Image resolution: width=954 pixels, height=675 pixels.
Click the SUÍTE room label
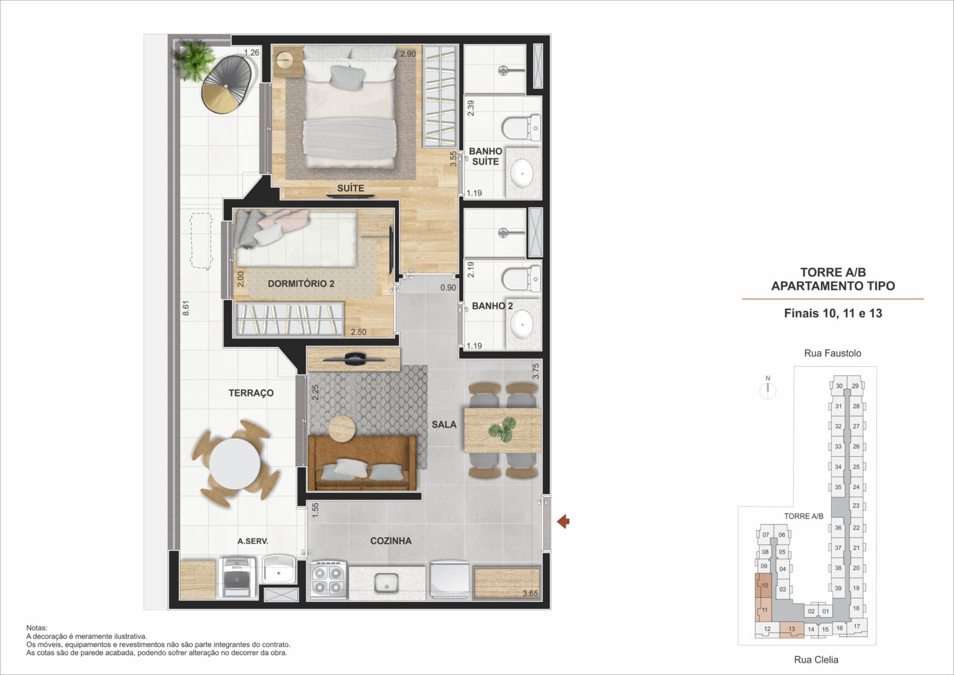click(x=350, y=188)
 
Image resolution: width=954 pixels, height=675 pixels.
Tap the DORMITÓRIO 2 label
click(x=301, y=283)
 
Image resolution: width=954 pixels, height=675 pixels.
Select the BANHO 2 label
click(x=492, y=306)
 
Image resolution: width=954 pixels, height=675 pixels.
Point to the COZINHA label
click(x=391, y=541)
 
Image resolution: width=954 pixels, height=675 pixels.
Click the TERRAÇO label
click(x=251, y=393)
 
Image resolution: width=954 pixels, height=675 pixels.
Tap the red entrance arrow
click(x=563, y=521)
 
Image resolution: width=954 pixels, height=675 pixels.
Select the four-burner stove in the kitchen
click(x=327, y=579)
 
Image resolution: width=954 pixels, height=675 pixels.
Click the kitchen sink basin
click(x=386, y=583)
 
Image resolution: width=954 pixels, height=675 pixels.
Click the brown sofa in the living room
click(x=361, y=463)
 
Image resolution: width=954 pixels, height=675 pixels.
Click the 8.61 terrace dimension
click(x=186, y=309)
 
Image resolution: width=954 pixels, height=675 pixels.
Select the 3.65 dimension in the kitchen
click(x=530, y=593)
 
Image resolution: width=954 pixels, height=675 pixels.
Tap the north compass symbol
click(x=768, y=388)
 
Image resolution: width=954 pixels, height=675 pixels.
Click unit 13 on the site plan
click(x=791, y=629)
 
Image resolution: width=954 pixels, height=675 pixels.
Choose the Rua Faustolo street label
click(x=832, y=353)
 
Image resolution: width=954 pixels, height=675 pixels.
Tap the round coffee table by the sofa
click(x=341, y=428)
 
